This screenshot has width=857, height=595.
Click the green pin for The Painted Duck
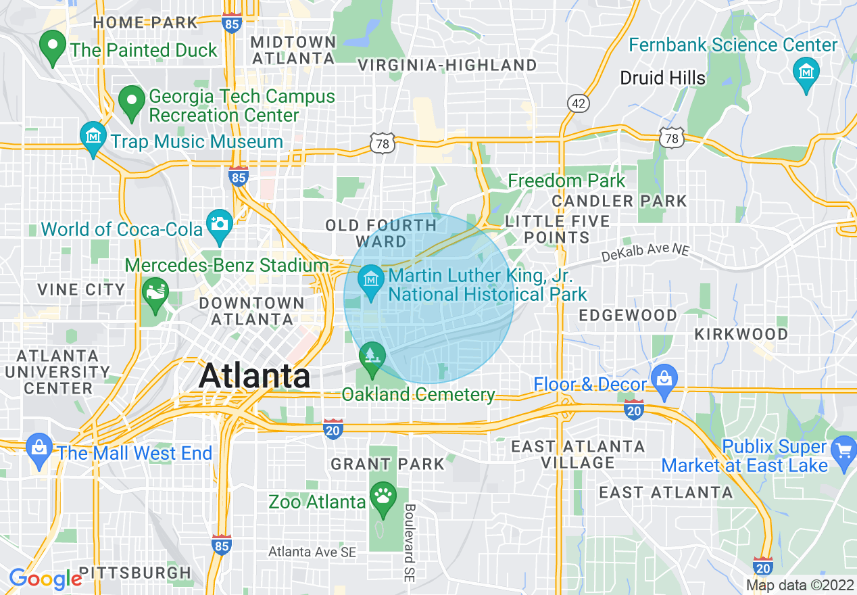52,47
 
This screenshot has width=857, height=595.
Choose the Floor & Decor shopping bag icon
664,379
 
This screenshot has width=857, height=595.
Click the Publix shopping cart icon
844,450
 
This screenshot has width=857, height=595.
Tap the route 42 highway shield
579,103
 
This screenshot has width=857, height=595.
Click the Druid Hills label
662,78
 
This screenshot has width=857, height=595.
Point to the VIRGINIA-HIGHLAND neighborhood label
447,66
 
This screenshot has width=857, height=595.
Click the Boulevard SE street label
410,543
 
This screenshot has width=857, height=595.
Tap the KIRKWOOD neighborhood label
741,334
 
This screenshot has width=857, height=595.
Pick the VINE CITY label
81,289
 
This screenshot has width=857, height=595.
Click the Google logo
45,579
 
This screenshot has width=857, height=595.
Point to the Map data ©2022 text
799,585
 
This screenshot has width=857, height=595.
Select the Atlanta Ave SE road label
312,552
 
